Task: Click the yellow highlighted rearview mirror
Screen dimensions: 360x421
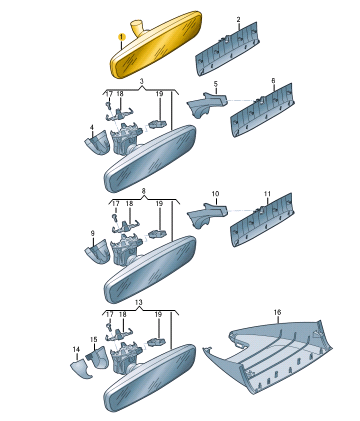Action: [x=156, y=46]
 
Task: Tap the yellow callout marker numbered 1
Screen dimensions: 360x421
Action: [x=122, y=36]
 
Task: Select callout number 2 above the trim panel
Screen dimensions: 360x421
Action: [x=238, y=20]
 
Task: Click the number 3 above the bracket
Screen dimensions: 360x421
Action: [x=142, y=81]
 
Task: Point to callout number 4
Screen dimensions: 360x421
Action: [x=92, y=127]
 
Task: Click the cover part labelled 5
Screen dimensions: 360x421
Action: [x=207, y=104]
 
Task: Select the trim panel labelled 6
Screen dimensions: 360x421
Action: [x=262, y=110]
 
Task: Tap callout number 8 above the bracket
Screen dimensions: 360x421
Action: [x=144, y=191]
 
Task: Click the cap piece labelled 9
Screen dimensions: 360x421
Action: [x=97, y=251]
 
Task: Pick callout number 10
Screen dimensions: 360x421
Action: [x=215, y=194]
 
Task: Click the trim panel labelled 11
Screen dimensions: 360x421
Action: [x=262, y=219]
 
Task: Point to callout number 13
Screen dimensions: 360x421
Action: [x=139, y=302]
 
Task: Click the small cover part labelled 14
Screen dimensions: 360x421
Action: [x=81, y=368]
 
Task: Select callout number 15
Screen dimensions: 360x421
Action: [x=94, y=339]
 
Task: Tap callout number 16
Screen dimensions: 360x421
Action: [x=277, y=312]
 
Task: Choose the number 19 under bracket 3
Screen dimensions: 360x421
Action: [x=160, y=94]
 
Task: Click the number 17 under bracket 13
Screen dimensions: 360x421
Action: [x=109, y=314]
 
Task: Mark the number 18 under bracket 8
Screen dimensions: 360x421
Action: [x=129, y=203]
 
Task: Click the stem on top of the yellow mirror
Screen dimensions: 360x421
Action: [x=137, y=27]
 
